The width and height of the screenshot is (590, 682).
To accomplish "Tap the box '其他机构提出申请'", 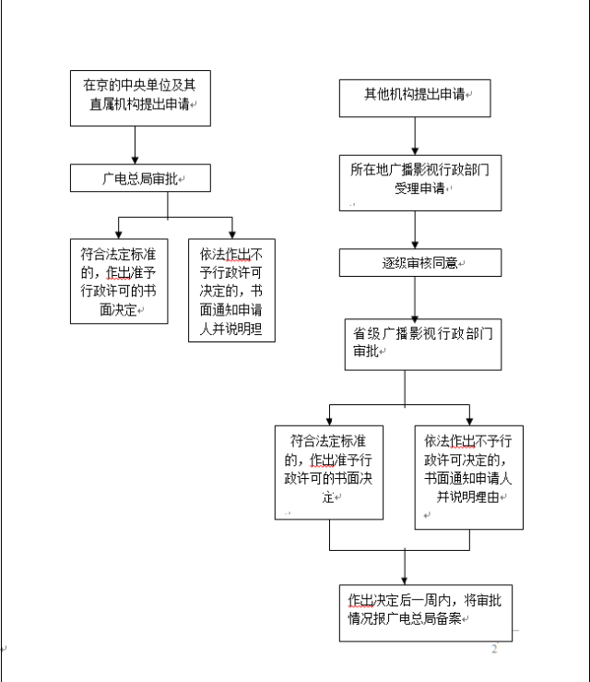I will point(414,95).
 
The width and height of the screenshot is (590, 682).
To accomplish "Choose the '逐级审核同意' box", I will point(419,263).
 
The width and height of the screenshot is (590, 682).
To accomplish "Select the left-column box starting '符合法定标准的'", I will point(118,281).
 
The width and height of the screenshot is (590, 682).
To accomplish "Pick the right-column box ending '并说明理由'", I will point(469,476).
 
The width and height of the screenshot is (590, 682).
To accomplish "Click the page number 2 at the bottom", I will point(494,650).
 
